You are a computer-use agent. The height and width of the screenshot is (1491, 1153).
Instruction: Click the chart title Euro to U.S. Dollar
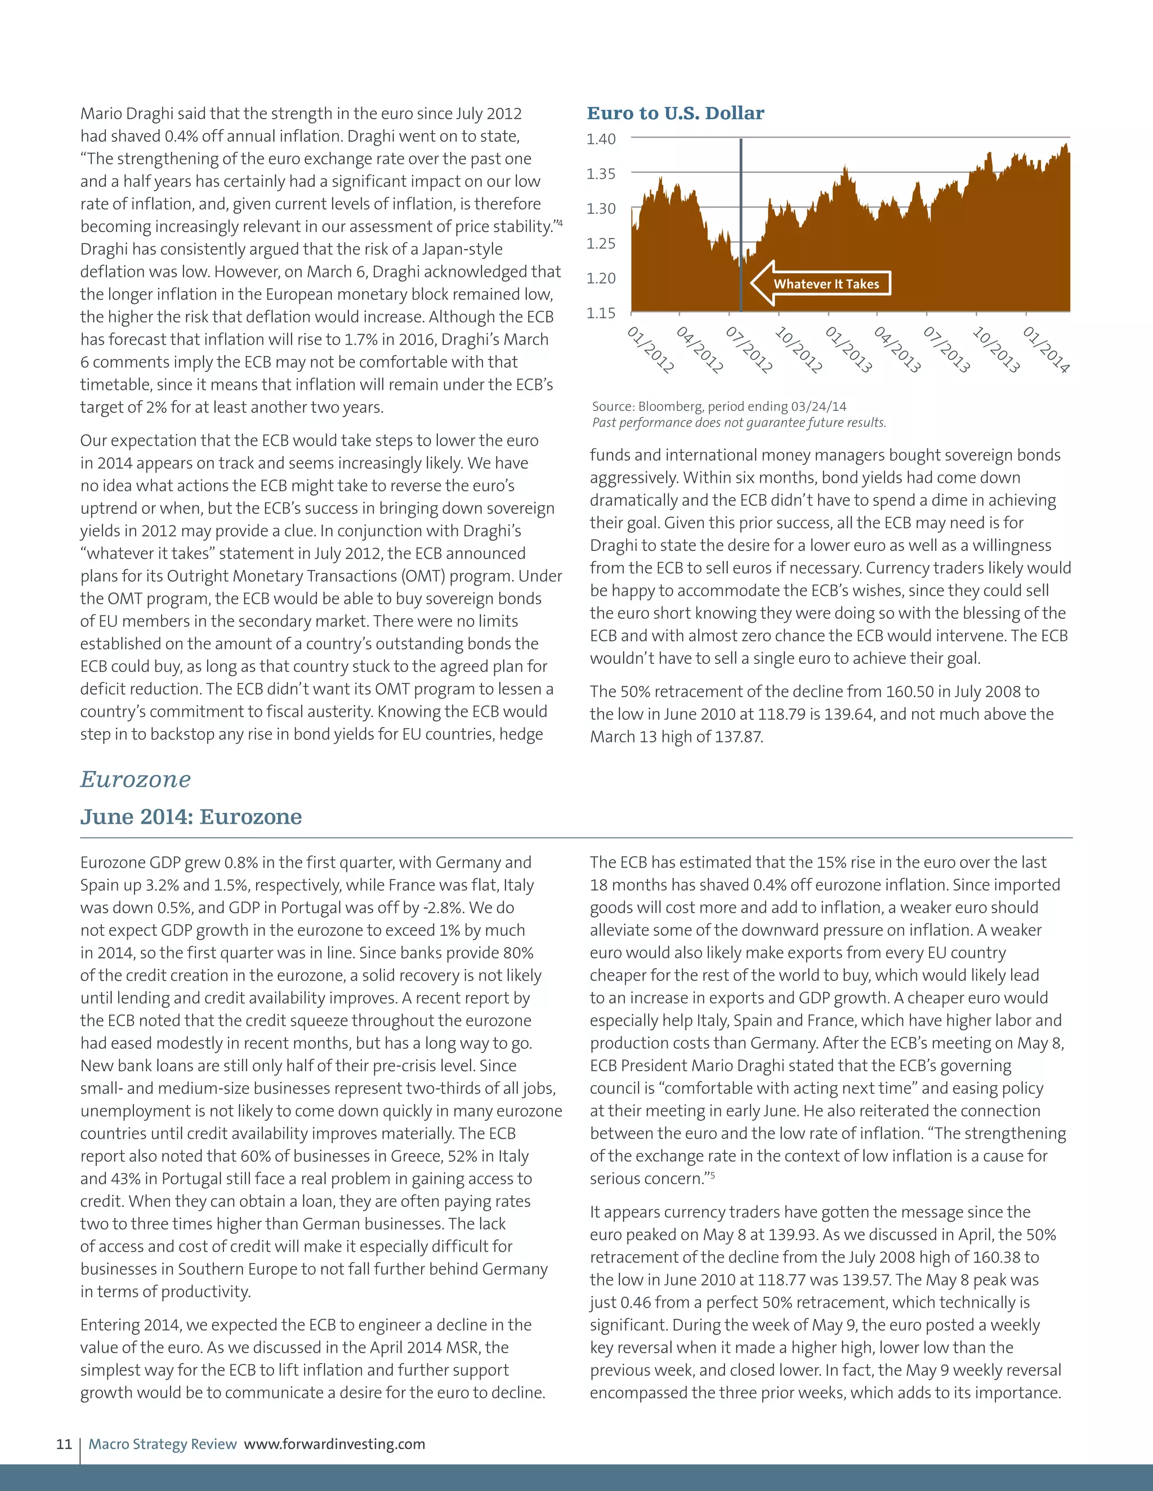click(x=675, y=113)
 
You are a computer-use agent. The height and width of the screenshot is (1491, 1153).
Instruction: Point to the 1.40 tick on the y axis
click(x=601, y=140)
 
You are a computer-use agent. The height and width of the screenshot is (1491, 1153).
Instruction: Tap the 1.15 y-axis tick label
click(x=601, y=313)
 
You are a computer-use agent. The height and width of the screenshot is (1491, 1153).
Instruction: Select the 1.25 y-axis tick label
click(x=601, y=244)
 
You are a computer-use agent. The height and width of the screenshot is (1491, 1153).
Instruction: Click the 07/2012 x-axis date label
click(x=749, y=349)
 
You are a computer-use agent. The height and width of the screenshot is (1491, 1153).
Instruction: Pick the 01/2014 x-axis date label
click(x=1046, y=349)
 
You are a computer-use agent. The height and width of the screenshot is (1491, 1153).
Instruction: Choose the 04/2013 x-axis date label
click(x=897, y=349)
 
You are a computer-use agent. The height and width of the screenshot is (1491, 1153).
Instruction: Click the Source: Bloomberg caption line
click(x=718, y=407)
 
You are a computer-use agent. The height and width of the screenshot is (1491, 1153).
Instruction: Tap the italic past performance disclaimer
click(x=739, y=423)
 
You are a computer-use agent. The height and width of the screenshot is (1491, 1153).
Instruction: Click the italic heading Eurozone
click(x=135, y=780)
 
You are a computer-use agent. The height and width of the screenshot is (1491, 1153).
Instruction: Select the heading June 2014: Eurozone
click(x=191, y=816)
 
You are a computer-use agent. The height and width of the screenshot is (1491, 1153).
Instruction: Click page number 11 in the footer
click(x=64, y=1444)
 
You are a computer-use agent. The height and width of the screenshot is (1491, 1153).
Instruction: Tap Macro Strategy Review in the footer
click(x=163, y=1444)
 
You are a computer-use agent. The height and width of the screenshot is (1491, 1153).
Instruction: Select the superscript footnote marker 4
click(x=560, y=223)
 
